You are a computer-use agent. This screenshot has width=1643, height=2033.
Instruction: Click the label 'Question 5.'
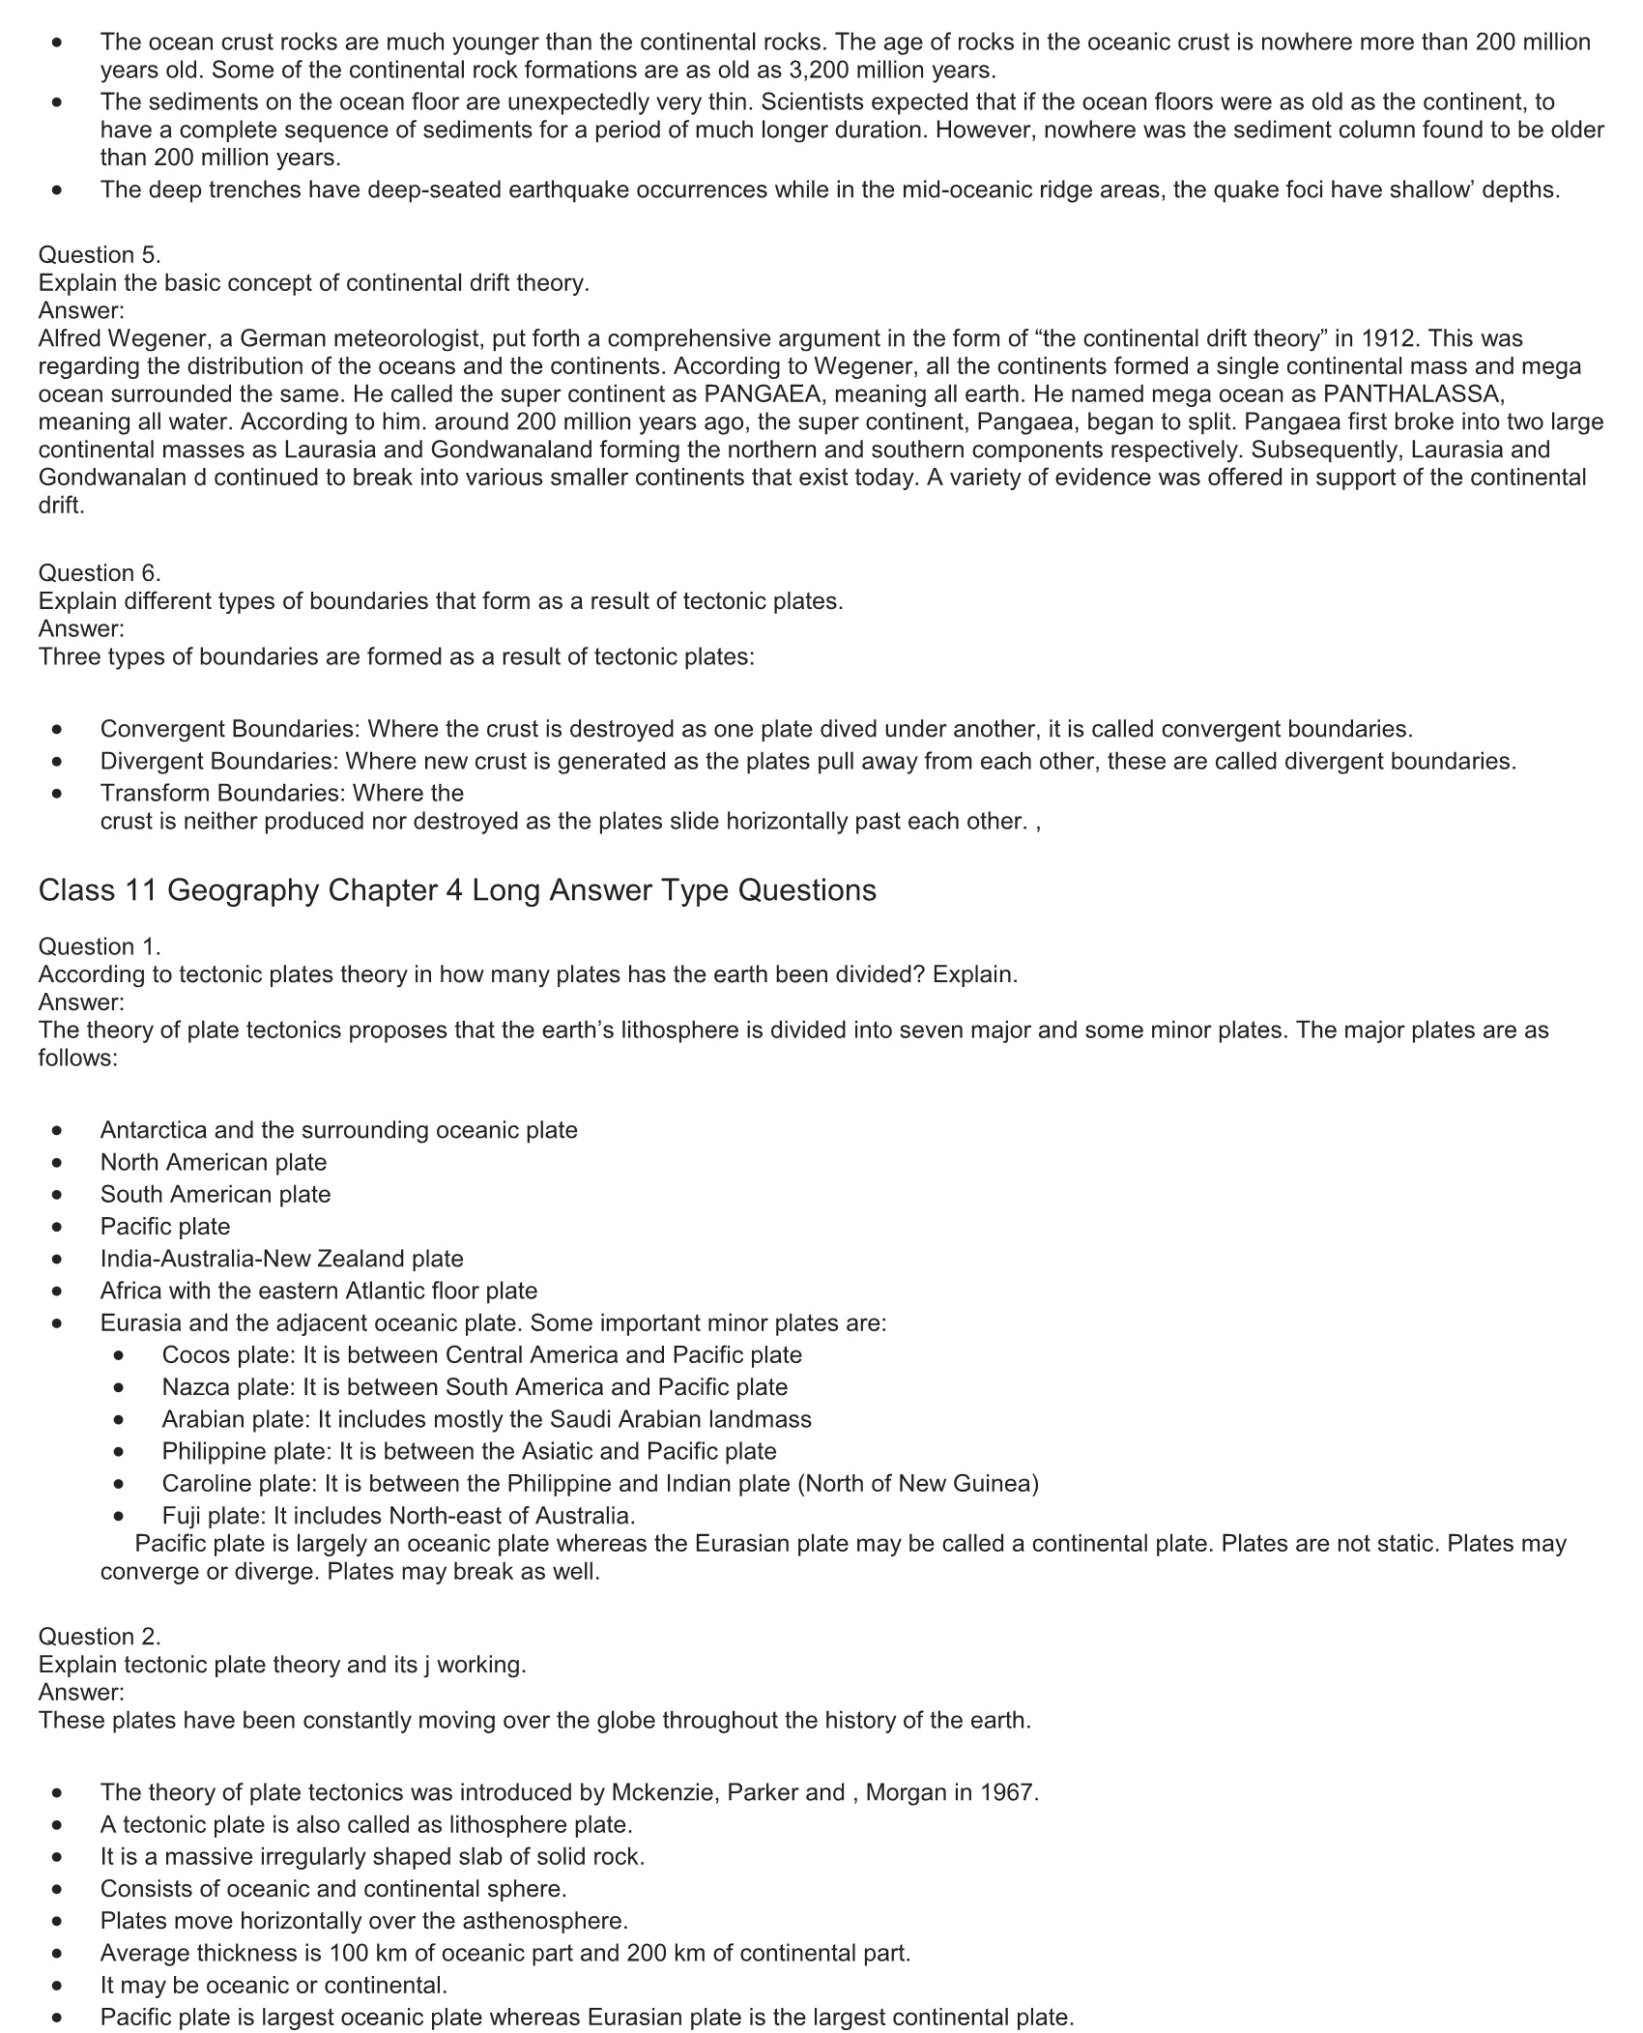pos(100,254)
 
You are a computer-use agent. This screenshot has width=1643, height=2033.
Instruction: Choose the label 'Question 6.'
pos(100,572)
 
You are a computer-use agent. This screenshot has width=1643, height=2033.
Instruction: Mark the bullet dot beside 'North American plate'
pos(60,1163)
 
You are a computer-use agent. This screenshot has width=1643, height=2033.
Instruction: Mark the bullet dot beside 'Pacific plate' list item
pos(60,1227)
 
